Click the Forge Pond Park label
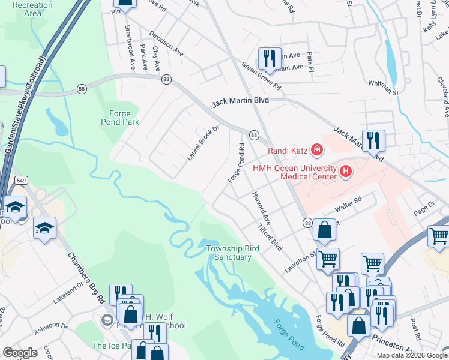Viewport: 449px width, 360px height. tap(124, 117)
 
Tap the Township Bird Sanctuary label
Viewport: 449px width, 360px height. tap(228, 253)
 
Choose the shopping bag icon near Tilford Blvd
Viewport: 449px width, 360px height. tap(324, 229)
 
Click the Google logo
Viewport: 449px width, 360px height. tap(20, 353)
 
